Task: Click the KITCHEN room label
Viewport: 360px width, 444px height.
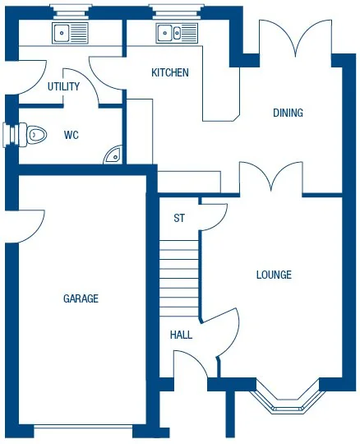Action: click(x=170, y=72)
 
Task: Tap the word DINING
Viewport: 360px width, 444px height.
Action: click(x=288, y=113)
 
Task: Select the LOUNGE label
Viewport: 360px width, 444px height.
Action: click(x=274, y=275)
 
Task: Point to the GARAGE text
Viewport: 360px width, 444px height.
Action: click(x=81, y=298)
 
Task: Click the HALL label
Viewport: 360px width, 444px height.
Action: click(x=181, y=335)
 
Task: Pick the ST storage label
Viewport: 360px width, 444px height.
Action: click(x=178, y=219)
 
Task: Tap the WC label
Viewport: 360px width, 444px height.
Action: click(x=72, y=135)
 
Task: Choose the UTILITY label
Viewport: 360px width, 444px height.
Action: click(x=62, y=86)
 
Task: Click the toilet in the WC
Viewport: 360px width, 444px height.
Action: click(x=33, y=132)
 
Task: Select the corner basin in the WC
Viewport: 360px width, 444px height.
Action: click(x=113, y=154)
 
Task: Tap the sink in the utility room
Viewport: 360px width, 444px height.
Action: click(x=70, y=33)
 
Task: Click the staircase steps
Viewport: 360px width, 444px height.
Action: click(x=179, y=276)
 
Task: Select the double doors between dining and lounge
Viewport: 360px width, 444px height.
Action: click(x=270, y=178)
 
